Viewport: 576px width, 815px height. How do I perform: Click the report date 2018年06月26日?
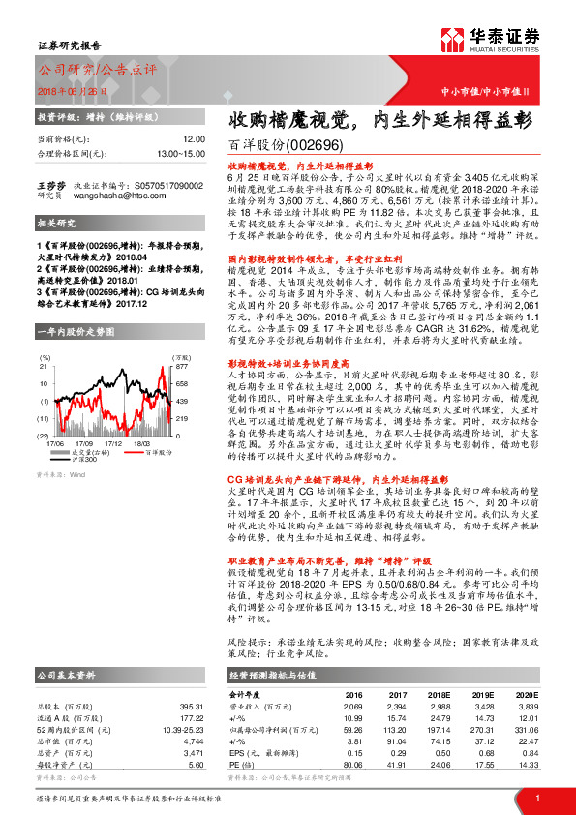click(72, 88)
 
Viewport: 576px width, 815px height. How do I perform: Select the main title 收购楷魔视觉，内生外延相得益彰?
click(379, 121)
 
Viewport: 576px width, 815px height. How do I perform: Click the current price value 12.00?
click(194, 139)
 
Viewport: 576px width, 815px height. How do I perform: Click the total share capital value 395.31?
click(192, 679)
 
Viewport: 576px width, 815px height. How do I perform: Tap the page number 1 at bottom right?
click(535, 798)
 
